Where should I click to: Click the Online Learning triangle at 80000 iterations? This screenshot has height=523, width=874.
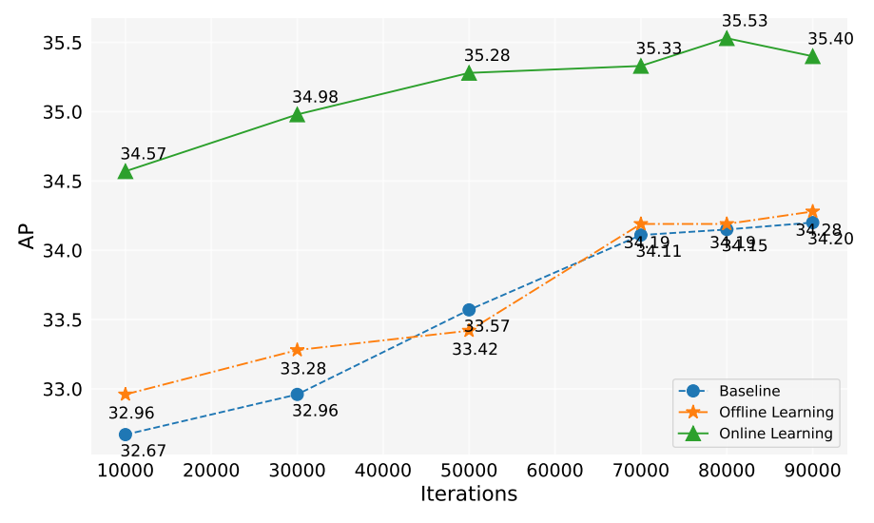point(727,39)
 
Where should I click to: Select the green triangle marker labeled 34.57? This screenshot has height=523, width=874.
point(126,171)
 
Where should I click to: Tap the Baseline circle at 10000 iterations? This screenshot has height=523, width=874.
point(126,435)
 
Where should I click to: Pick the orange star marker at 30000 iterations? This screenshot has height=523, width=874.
point(297,350)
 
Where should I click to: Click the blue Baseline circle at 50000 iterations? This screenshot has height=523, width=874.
point(469,310)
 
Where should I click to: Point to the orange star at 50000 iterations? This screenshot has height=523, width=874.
point(469,330)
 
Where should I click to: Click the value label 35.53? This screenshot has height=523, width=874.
point(745,21)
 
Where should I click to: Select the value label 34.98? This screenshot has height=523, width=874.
point(315,97)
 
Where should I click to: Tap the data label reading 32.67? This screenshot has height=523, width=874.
point(144,452)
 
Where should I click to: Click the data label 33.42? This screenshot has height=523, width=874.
point(475,349)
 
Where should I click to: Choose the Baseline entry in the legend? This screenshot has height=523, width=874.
point(749,391)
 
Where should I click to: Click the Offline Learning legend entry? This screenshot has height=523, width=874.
point(776,412)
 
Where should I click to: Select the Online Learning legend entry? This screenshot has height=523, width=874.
point(775,434)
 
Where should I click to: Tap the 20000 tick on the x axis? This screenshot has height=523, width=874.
point(211,471)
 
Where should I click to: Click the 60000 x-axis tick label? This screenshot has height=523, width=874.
point(554,471)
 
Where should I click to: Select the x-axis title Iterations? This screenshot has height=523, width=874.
point(469,494)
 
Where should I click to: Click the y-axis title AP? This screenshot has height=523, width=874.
point(28,235)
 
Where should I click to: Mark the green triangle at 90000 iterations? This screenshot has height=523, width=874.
point(812,56)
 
